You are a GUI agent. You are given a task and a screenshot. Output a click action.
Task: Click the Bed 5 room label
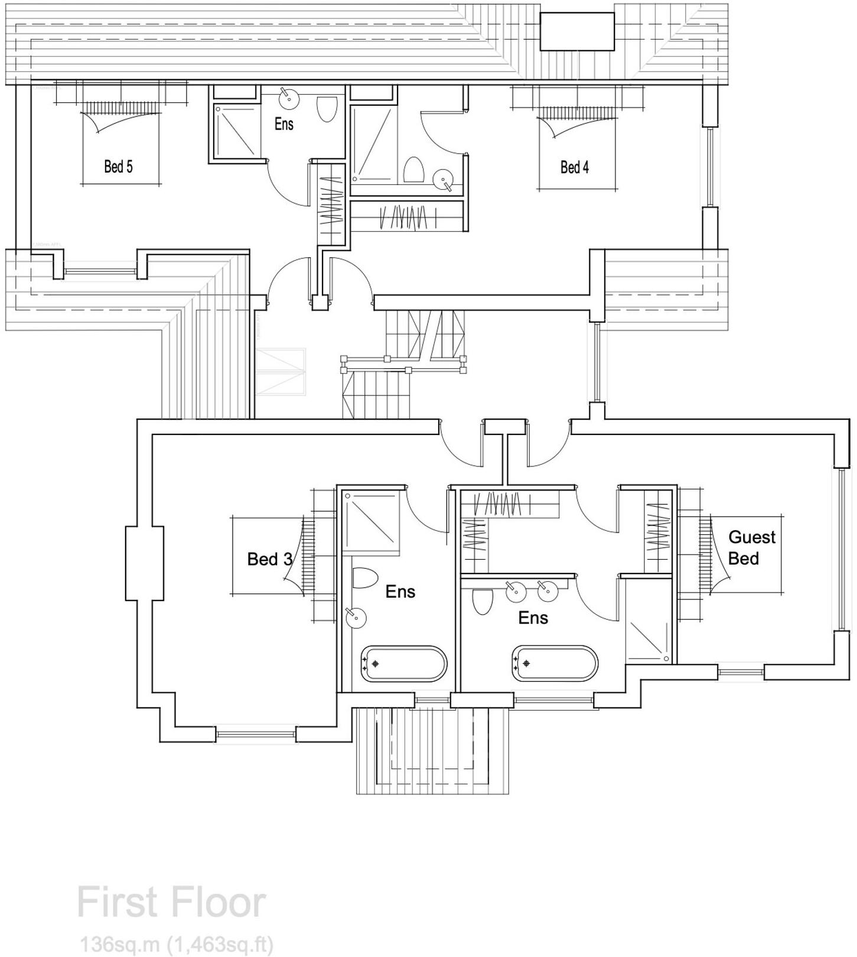[118, 167]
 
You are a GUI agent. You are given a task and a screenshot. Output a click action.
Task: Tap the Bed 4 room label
[574, 167]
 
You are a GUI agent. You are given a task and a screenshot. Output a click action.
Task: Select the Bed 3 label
[269, 559]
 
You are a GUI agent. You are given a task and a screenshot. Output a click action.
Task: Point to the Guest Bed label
[751, 547]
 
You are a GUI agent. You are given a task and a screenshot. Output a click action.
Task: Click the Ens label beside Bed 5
[284, 124]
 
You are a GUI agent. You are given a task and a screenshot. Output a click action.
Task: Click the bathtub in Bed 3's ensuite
[404, 664]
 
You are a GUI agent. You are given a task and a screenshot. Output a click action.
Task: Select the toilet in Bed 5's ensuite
[326, 109]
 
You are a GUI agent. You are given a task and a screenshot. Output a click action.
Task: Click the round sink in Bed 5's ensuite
[288, 98]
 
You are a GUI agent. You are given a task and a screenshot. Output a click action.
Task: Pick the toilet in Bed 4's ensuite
[413, 170]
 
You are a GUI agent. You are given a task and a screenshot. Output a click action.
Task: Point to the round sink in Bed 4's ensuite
[443, 179]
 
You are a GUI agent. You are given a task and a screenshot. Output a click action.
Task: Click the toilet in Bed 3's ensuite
[364, 578]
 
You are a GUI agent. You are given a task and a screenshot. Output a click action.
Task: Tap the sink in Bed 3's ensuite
[356, 618]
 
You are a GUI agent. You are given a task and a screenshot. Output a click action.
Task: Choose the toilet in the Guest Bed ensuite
[483, 602]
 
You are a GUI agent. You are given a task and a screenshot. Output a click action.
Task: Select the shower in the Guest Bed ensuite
[649, 638]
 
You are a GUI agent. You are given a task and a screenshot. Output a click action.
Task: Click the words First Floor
[171, 903]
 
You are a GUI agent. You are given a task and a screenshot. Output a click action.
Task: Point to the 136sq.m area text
[177, 944]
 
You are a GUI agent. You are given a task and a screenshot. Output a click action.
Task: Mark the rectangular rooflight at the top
[576, 31]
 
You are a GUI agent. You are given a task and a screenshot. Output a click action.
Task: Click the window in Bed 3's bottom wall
[255, 734]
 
